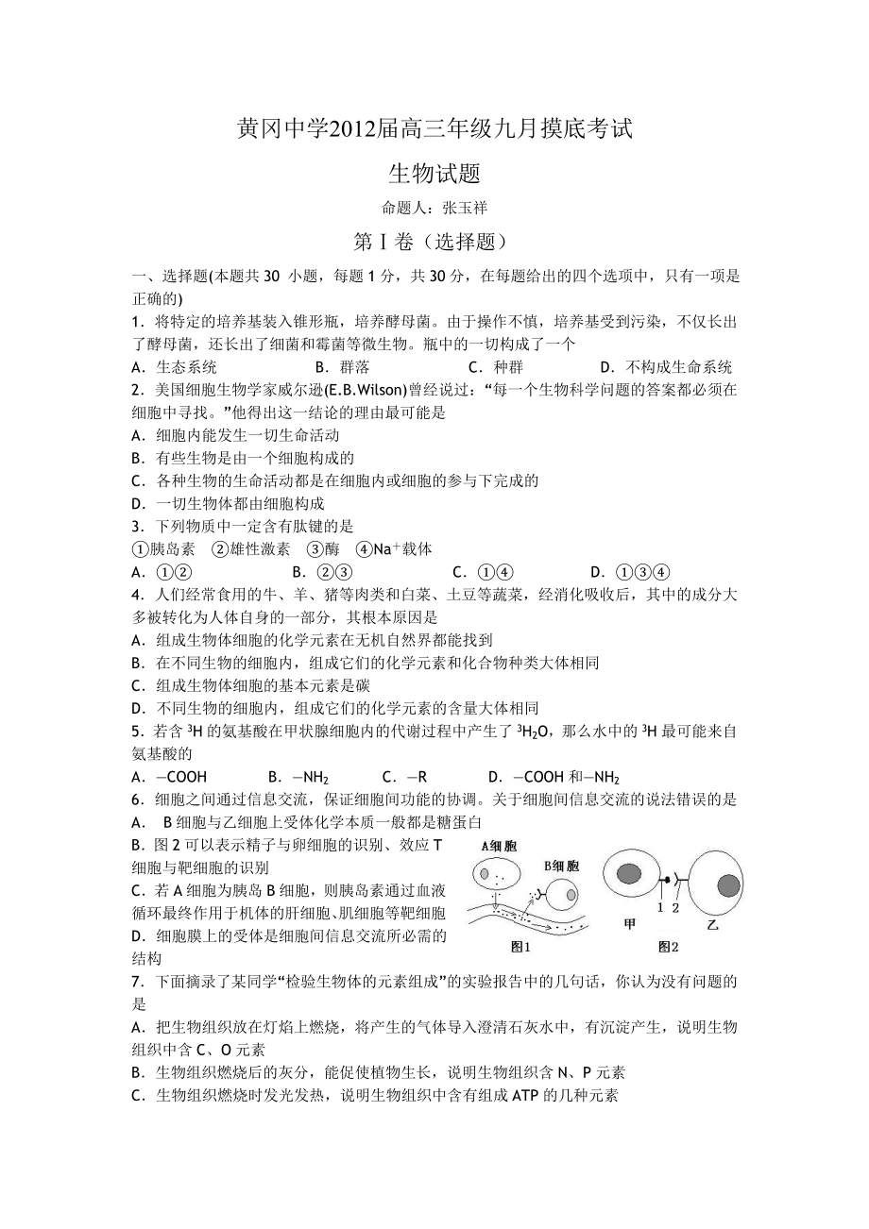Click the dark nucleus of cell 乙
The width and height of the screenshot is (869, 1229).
coord(728,885)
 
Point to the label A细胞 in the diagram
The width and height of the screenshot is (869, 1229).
coord(499,847)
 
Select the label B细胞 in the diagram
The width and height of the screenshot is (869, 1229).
coord(560,866)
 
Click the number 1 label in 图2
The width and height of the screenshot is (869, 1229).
coord(660,907)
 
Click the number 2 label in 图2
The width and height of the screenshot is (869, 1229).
coord(675,907)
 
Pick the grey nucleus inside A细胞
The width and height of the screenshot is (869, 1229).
coord(485,875)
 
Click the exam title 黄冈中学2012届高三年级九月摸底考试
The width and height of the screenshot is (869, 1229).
coord(434,129)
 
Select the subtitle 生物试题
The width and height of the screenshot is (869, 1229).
coord(434,174)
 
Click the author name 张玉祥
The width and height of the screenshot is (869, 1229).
coord(462,209)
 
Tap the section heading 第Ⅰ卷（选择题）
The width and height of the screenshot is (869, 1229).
coord(434,243)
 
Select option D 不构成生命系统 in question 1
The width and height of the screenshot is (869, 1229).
coord(667,367)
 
